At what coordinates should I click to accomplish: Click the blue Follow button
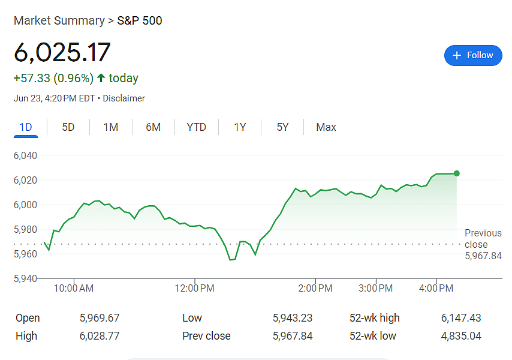point(473,55)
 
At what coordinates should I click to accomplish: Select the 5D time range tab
point(68,127)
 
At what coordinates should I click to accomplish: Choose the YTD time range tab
point(196,127)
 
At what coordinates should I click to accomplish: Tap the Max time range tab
point(326,127)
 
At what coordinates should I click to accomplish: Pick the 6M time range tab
point(153,127)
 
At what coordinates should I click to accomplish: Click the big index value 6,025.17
point(62,52)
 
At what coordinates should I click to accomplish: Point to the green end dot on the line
point(456,173)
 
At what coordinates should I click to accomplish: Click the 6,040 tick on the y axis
point(25,155)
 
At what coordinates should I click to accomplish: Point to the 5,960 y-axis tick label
point(25,254)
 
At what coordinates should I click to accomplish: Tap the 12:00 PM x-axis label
point(194,288)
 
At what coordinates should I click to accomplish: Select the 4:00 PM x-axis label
point(436,288)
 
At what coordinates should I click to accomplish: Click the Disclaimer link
point(124,98)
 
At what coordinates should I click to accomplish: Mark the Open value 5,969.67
point(100,318)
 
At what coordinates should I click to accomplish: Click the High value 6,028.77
point(100,336)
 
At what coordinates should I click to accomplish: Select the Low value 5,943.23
point(293,318)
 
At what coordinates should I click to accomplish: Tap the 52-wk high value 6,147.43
point(461,318)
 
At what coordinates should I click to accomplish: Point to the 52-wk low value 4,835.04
point(461,336)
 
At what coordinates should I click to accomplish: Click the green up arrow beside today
point(101,78)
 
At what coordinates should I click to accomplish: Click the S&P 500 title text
point(140,20)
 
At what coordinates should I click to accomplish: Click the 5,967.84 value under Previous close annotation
point(483,256)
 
